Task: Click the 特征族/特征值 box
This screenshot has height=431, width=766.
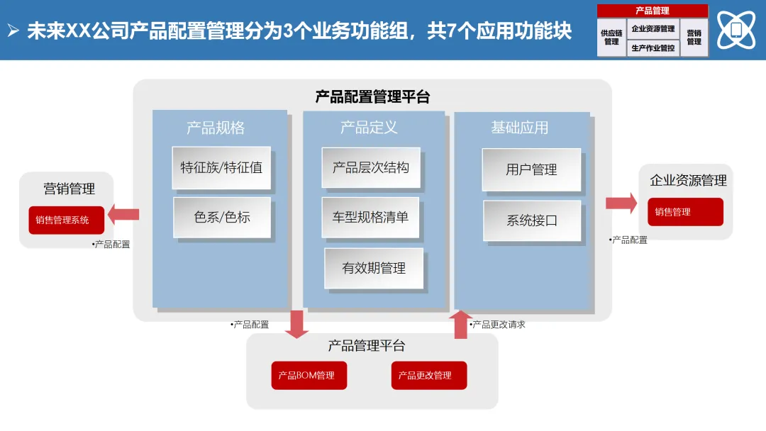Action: (x=221, y=168)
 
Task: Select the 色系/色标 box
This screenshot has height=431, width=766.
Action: (x=221, y=217)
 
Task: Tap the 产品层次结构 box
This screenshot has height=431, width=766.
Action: (x=370, y=167)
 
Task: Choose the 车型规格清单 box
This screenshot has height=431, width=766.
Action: (x=370, y=217)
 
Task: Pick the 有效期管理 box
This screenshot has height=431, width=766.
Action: (x=374, y=268)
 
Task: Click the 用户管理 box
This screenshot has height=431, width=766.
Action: (x=531, y=169)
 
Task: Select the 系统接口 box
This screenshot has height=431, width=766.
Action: (x=532, y=220)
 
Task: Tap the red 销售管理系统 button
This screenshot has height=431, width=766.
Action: (x=66, y=220)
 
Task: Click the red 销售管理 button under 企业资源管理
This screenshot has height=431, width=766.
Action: (x=685, y=211)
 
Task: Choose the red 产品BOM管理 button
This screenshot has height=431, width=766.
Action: (x=309, y=375)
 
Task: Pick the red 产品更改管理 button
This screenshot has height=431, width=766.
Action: (x=428, y=375)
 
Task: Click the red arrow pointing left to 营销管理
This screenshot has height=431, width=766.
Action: (x=124, y=213)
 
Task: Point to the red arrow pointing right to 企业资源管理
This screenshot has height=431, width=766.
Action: (x=621, y=203)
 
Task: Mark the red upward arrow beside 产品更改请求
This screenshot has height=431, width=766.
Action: (x=461, y=324)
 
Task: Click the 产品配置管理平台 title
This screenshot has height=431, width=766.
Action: (x=372, y=97)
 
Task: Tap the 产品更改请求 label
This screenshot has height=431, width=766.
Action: (x=499, y=325)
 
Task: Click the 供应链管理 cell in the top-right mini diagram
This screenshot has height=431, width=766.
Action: (x=611, y=38)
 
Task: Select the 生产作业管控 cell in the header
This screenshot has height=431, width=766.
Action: (x=653, y=48)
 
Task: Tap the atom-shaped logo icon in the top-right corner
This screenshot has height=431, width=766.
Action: (x=736, y=29)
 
